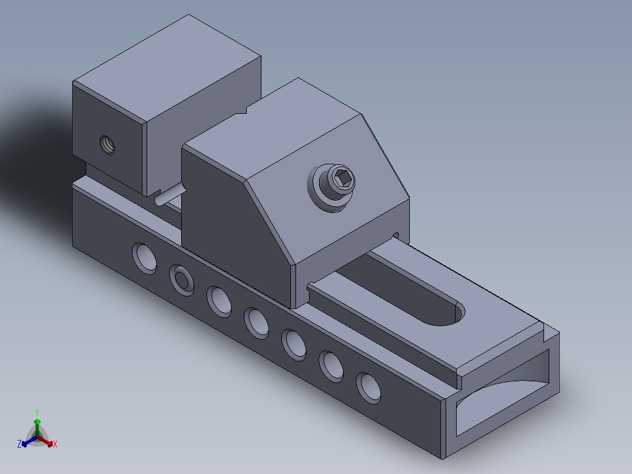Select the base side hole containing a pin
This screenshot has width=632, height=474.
point(182,278)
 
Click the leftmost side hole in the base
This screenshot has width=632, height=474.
point(144,257)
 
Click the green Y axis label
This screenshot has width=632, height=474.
point(36,412)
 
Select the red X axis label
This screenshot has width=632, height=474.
point(55,445)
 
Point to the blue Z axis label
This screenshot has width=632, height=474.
point(19,445)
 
